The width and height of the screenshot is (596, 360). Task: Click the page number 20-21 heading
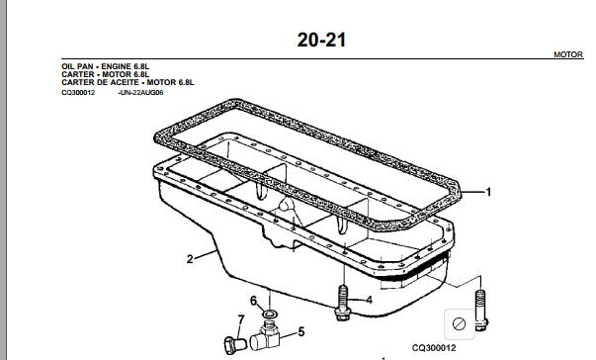point(321,40)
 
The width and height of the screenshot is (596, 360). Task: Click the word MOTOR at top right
point(568,54)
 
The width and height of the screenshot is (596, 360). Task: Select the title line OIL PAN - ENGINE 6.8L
point(106,66)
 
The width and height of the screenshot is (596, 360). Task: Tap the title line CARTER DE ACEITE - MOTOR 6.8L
point(128,82)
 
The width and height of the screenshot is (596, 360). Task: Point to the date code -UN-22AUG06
point(141,92)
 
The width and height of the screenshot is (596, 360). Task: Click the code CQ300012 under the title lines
point(78,92)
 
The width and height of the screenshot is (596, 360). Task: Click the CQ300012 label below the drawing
point(434,348)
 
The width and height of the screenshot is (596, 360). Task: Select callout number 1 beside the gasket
point(489,192)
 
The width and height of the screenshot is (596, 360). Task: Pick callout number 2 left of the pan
point(190,259)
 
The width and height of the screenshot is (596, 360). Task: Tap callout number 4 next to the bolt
point(369,300)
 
